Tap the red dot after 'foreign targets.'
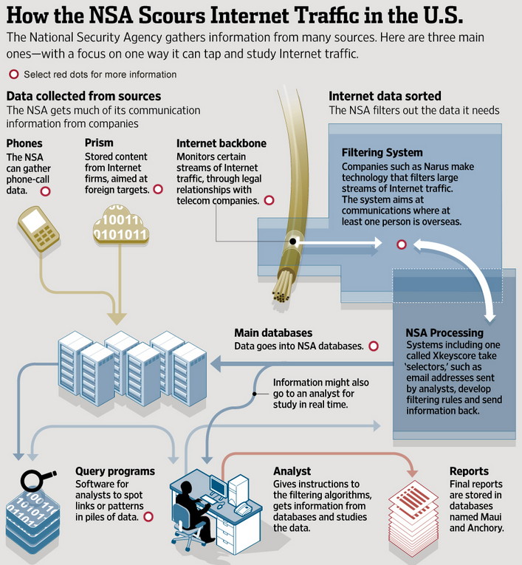tap(158, 190)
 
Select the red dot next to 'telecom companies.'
tap(269, 200)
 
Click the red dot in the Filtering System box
tap(402, 244)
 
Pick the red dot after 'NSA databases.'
tap(373, 346)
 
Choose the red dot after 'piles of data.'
tap(148, 517)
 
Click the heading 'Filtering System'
tap(382, 153)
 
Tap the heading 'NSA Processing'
tap(444, 332)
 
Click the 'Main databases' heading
tap(272, 333)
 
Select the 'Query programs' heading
tap(115, 470)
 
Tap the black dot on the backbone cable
tap(292, 242)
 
